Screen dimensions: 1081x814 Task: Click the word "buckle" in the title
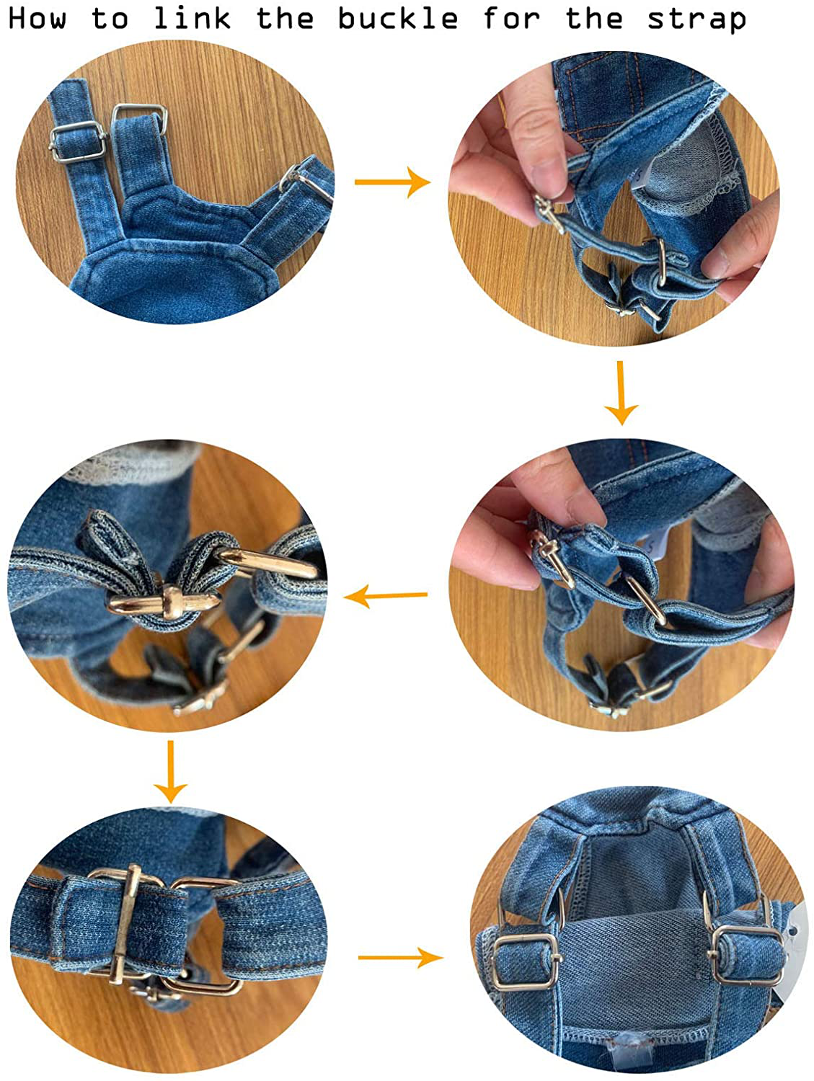coord(397,18)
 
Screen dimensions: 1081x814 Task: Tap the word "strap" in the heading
coord(696,18)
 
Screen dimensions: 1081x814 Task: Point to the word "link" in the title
coord(192,18)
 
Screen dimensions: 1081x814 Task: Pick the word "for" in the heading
coord(510,18)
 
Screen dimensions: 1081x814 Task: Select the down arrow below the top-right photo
coord(620,393)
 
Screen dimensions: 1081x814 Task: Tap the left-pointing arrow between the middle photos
coord(386,596)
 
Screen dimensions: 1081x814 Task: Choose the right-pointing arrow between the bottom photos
coord(400,957)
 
